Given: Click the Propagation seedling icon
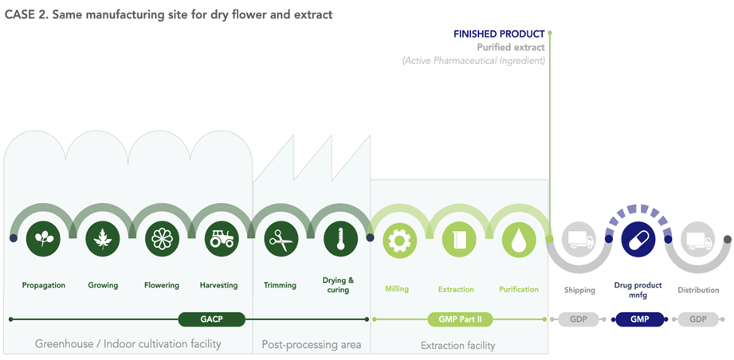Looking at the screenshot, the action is pyautogui.click(x=44, y=239).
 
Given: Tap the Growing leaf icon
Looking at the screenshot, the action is pyautogui.click(x=103, y=239).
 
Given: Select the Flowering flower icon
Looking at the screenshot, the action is pyautogui.click(x=162, y=239).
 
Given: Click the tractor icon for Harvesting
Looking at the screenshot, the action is pyautogui.click(x=222, y=239).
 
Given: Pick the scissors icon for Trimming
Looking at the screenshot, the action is pyautogui.click(x=281, y=239).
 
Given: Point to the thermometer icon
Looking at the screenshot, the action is pyautogui.click(x=340, y=239).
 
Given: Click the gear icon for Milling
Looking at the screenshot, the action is pyautogui.click(x=400, y=239).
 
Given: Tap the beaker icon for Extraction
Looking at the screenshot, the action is pyautogui.click(x=459, y=239).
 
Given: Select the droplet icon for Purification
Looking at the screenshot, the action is pyautogui.click(x=519, y=239).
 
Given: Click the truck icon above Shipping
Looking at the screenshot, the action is pyautogui.click(x=579, y=239).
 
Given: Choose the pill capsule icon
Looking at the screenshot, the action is pyautogui.click(x=638, y=239).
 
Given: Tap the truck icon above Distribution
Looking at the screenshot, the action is pyautogui.click(x=697, y=239).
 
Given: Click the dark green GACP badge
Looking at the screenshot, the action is pyautogui.click(x=211, y=319).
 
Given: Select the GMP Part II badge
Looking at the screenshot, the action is pyautogui.click(x=460, y=319).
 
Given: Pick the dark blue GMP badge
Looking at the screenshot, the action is pyautogui.click(x=639, y=319).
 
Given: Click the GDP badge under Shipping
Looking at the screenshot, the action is pyautogui.click(x=579, y=319).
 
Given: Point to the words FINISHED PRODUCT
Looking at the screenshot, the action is pyautogui.click(x=499, y=34).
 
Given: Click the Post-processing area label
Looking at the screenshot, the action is pyautogui.click(x=312, y=345).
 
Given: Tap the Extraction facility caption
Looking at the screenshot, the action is pyautogui.click(x=457, y=346).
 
